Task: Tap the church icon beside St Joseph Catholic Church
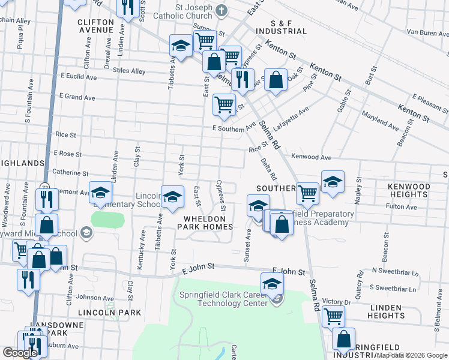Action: (x=221, y=10)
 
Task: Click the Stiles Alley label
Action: (x=130, y=71)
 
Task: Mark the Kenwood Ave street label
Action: (x=311, y=157)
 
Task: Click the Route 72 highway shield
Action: (x=45, y=187)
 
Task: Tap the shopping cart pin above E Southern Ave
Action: (x=224, y=104)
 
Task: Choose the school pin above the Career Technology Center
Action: (x=272, y=283)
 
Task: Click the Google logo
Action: (x=20, y=353)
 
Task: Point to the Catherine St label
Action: (x=71, y=172)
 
